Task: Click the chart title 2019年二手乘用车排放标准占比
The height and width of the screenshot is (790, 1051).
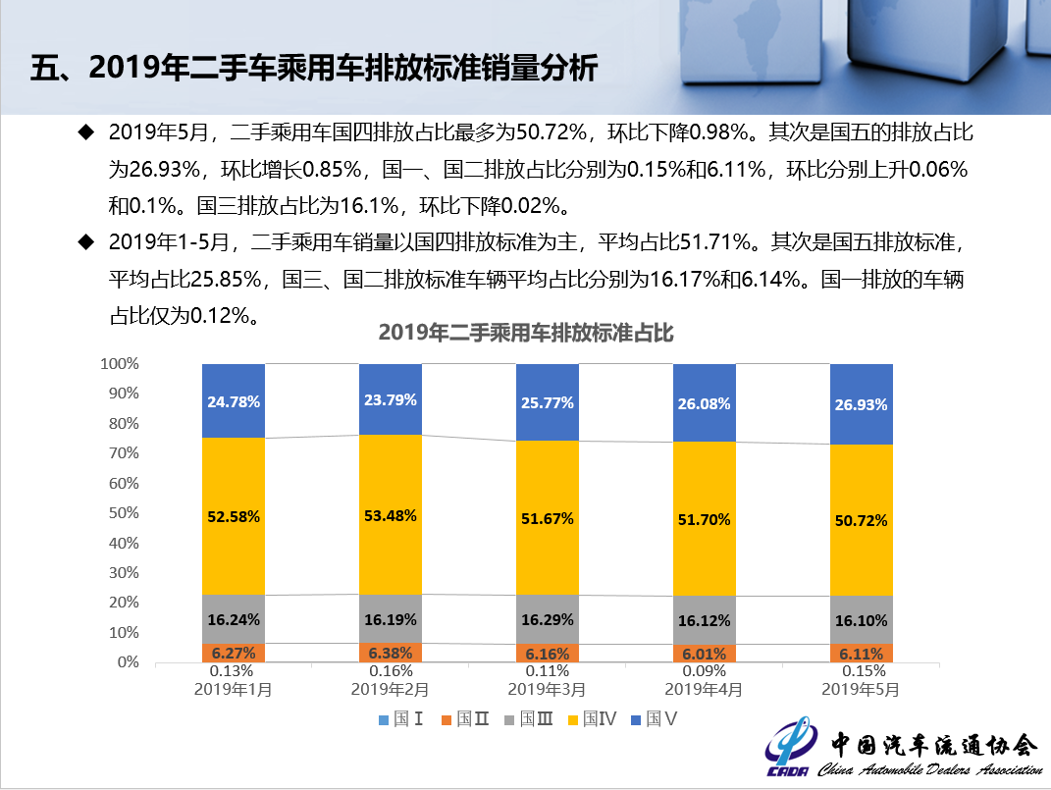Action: (x=526, y=333)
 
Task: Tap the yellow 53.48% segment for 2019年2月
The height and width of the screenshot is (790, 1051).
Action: (x=391, y=514)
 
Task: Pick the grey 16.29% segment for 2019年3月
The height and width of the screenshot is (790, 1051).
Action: (x=548, y=619)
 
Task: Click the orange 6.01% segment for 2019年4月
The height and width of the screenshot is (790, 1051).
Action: (x=705, y=653)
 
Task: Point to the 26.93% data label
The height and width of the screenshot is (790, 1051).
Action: (x=862, y=404)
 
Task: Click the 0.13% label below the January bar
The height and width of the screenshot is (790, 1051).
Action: (x=234, y=671)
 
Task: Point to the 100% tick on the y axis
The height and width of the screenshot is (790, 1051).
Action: (x=120, y=364)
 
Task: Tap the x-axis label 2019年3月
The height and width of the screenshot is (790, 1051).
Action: (x=548, y=689)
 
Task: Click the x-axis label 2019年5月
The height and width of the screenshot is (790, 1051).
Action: (x=862, y=689)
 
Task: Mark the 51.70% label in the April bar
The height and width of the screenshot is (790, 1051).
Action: (x=705, y=520)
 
